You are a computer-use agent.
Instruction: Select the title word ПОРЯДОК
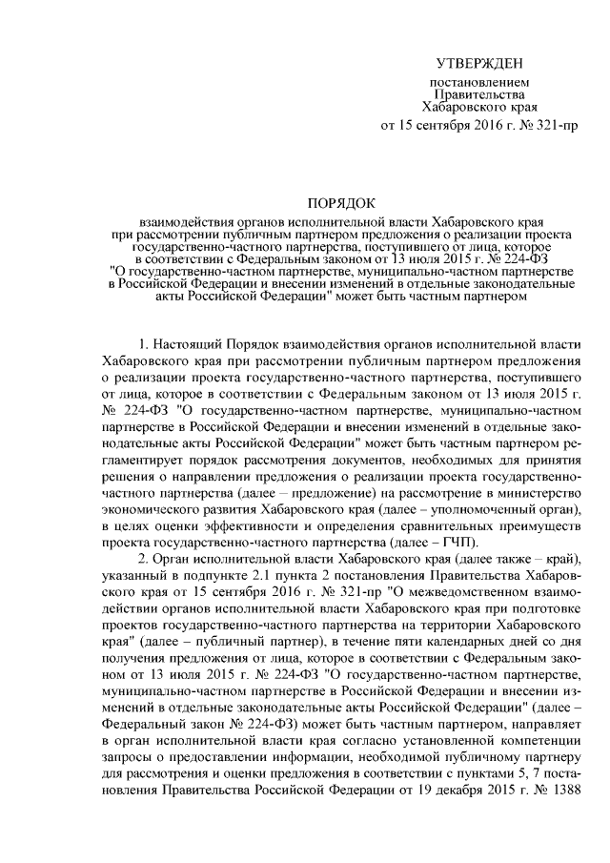340,202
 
